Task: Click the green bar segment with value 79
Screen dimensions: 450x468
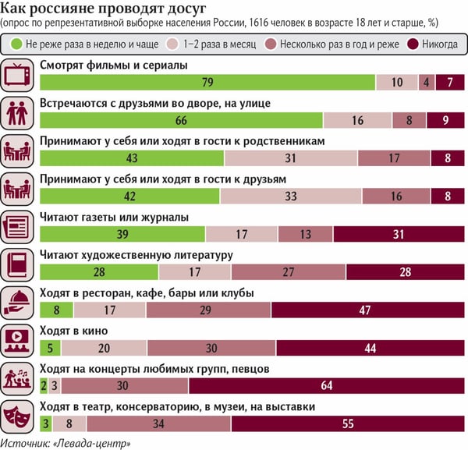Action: point(207,83)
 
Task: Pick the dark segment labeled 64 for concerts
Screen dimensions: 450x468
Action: point(325,384)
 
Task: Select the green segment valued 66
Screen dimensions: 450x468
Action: point(181,120)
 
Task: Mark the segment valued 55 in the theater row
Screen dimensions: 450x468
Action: point(347,423)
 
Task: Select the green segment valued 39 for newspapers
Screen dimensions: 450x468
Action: point(122,233)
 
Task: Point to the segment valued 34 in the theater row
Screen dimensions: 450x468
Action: point(158,423)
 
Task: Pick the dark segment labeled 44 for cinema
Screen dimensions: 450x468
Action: point(370,347)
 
